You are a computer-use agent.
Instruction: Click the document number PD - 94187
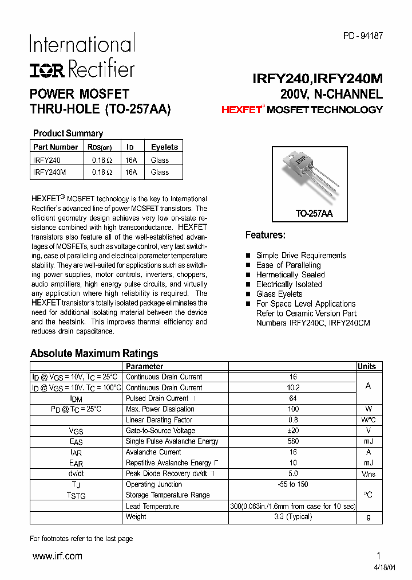click(363, 36)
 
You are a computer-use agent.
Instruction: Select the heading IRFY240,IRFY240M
click(318, 79)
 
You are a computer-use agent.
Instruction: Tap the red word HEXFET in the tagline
click(241, 109)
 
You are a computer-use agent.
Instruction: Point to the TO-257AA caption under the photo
click(314, 213)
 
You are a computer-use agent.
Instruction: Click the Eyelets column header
click(164, 147)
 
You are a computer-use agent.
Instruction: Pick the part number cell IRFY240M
click(50, 172)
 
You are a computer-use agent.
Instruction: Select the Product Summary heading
click(68, 133)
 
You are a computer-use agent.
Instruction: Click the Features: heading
click(265, 235)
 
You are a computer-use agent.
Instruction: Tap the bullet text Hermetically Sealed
click(290, 275)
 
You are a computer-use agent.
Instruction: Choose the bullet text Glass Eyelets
click(279, 294)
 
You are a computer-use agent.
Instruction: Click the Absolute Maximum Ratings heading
click(94, 354)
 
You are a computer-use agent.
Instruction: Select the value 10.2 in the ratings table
click(293, 388)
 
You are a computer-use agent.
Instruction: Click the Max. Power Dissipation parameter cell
click(160, 409)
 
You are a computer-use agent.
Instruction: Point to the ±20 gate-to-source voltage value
click(293, 430)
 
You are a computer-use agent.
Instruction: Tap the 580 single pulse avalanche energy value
click(293, 441)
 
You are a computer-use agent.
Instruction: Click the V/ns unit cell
click(368, 473)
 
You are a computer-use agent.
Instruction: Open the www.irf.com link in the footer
click(57, 556)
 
